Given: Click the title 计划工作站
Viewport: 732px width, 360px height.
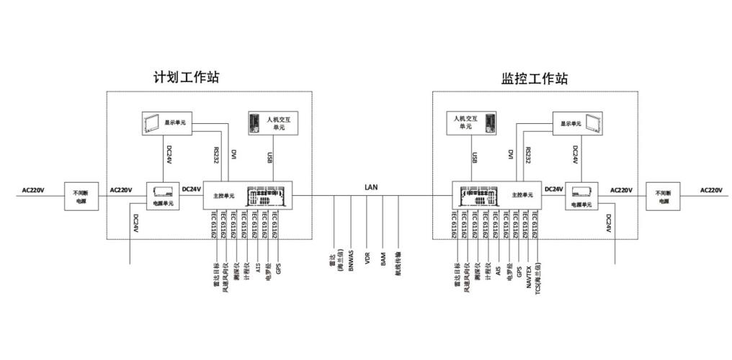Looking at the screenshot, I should point(186,77).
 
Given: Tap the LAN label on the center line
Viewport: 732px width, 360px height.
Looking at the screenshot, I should point(371,186).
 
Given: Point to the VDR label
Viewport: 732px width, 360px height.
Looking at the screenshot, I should point(367,259).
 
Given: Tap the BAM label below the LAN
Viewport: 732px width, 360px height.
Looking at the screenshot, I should point(383,259).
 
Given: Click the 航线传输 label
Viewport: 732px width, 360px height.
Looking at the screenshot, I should point(398,265).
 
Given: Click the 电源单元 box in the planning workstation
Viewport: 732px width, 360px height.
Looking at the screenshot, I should point(162,196).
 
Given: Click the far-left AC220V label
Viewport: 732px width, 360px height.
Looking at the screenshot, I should point(32,191).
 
